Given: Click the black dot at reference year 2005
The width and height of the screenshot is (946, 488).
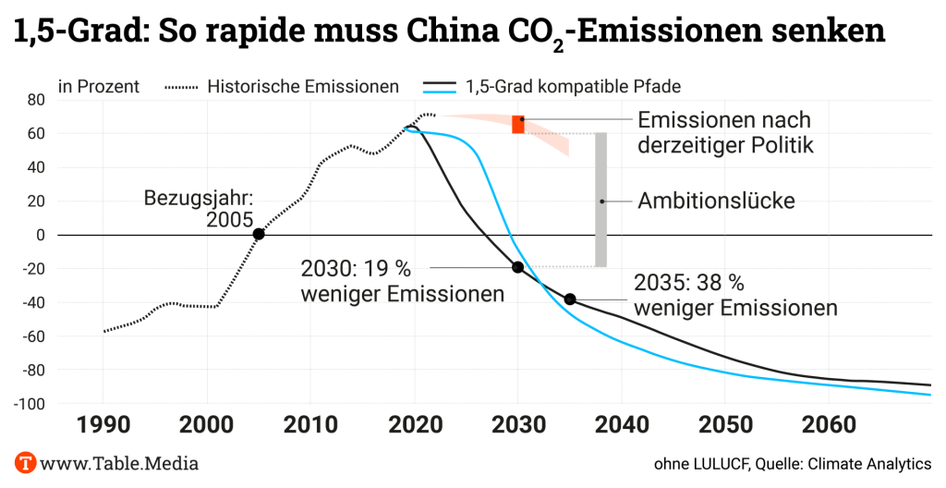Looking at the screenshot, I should tap(259, 234).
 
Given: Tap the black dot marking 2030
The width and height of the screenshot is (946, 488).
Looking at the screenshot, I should tap(517, 267).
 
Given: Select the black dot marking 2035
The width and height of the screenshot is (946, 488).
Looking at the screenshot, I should tap(570, 299).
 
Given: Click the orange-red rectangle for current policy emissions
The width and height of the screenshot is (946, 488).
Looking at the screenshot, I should tap(518, 125).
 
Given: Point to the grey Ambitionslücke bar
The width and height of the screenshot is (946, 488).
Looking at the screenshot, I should tap(600, 200).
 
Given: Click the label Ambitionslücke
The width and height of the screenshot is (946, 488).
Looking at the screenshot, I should tap(716, 201).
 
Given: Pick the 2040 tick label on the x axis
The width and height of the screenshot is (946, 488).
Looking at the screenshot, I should tap(621, 428).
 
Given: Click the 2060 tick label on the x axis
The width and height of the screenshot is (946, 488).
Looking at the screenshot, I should tap(828, 428).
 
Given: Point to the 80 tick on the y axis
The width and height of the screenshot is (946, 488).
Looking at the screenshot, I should tap(36, 100).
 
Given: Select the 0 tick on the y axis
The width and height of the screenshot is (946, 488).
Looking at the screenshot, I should tap(41, 235).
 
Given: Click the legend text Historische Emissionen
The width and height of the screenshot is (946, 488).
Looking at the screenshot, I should tap(303, 87).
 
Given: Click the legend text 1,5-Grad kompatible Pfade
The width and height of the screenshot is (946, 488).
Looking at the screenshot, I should tap(574, 87).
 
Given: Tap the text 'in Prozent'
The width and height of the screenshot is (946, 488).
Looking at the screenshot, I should tap(99, 87).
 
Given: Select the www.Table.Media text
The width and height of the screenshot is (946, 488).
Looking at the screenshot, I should tap(119, 462).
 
